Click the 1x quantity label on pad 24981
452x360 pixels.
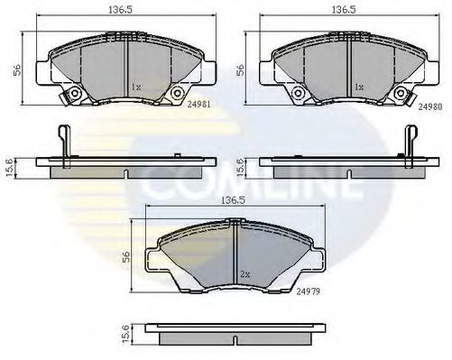click(x=135, y=88)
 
